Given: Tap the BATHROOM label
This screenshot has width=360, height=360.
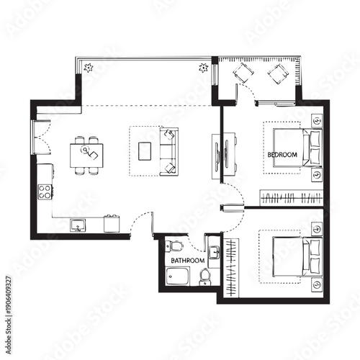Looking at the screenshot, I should pos(187,260).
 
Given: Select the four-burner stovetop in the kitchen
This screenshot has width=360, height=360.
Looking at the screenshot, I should pos(45,192).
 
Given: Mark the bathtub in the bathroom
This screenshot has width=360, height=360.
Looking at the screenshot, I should pos(177,275).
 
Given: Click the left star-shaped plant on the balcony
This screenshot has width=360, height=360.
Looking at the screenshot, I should pos(89,68).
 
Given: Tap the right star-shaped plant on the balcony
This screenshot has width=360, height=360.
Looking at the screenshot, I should pos(204,68).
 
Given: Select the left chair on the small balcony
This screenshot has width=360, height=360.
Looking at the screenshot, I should pos(243,73).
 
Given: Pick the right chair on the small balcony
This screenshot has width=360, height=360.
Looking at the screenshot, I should pos(277,73).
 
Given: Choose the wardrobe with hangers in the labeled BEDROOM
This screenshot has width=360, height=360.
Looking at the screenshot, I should pos(289,197).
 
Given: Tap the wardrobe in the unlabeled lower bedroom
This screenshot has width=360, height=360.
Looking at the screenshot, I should pos(230,266).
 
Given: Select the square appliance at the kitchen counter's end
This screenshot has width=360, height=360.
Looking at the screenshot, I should pos(111,225).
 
